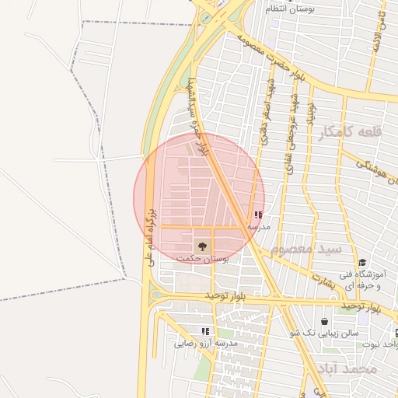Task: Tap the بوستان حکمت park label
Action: [x=203, y=259]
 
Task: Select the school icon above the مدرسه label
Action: [x=258, y=215]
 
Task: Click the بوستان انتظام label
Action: [x=291, y=9]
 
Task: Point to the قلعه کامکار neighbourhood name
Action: [x=350, y=132]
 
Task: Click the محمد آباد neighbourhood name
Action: [x=347, y=368]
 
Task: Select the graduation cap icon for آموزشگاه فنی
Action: [x=362, y=263]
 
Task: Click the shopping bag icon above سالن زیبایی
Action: [x=324, y=321]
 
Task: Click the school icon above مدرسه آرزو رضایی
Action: [x=205, y=331]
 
